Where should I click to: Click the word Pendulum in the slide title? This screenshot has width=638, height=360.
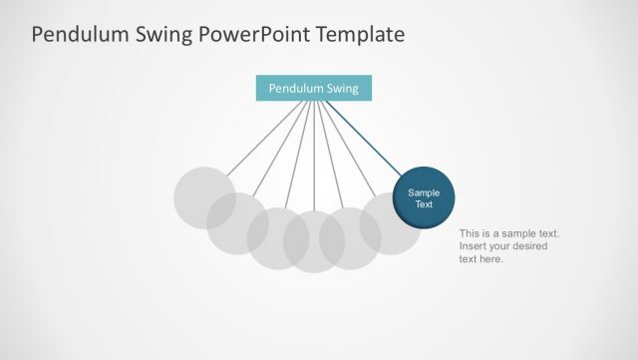81,35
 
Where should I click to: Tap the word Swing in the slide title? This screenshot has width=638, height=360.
166,35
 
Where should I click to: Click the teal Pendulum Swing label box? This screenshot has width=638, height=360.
314,88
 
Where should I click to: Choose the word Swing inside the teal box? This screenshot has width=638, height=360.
342,88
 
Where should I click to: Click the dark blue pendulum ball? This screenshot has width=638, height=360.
424,197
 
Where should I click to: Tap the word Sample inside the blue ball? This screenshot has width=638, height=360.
424,192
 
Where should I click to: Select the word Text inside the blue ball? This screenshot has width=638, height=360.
424,204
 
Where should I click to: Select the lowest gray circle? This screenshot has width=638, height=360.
313,244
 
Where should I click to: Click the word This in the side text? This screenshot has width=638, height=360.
471,233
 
